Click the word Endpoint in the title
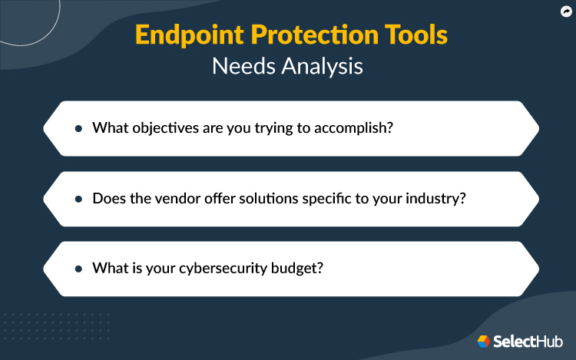pos(181,36)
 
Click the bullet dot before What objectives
pos(78,128)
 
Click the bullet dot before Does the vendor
pos(78,199)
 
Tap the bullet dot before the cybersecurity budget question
pos(78,269)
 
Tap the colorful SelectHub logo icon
pos(484,341)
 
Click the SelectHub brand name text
pos(528,341)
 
